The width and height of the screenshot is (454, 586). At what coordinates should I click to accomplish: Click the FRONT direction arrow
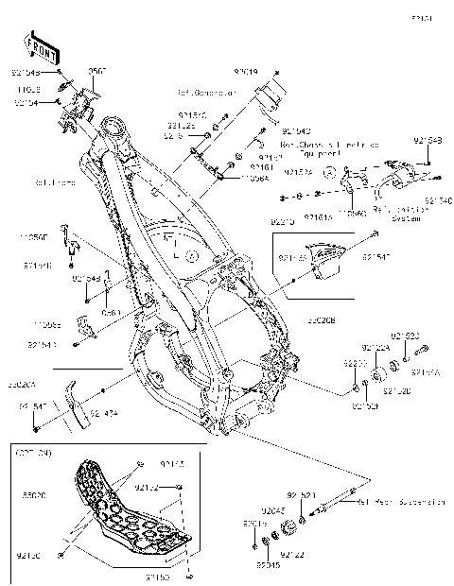click(39, 45)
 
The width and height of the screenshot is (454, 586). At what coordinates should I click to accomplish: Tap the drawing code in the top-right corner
click(421, 18)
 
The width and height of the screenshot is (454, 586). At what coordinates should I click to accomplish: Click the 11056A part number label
click(254, 177)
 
